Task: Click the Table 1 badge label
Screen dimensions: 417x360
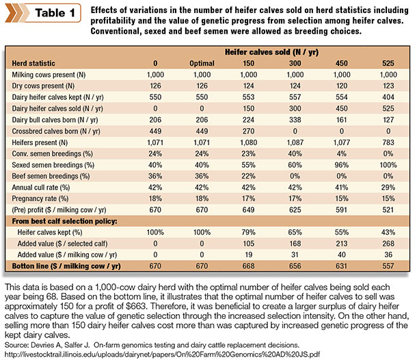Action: click(x=55, y=13)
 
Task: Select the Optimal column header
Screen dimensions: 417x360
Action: click(x=202, y=64)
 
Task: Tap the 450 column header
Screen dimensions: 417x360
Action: click(x=342, y=64)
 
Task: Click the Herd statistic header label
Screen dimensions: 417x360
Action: click(x=33, y=64)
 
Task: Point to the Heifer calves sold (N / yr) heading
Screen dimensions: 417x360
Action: click(x=271, y=52)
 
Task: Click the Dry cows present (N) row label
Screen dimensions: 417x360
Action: click(x=43, y=86)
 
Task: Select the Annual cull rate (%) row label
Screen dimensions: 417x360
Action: click(x=41, y=188)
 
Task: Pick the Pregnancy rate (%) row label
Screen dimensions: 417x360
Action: click(x=40, y=198)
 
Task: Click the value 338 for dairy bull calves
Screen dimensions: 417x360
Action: click(x=295, y=120)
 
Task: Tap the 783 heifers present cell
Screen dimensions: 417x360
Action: click(x=388, y=142)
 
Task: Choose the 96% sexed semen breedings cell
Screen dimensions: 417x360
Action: click(x=342, y=165)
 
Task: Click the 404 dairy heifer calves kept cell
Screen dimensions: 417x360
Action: click(x=388, y=97)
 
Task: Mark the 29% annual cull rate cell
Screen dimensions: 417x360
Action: click(x=388, y=188)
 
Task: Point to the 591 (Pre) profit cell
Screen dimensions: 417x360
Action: click(x=342, y=210)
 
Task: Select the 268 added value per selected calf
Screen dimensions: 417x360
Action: click(x=388, y=244)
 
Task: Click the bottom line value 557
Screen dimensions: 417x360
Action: click(x=388, y=266)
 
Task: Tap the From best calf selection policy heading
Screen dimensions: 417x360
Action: click(x=65, y=221)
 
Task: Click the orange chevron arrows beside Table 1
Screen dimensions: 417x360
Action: click(x=16, y=13)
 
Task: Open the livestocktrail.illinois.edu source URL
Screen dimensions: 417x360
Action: click(x=162, y=355)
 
